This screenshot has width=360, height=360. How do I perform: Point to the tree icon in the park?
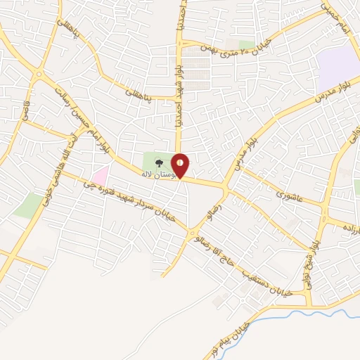pyautogui.click(x=158, y=161)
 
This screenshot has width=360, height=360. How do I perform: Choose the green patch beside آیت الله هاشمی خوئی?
pyautogui.click(x=28, y=205)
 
